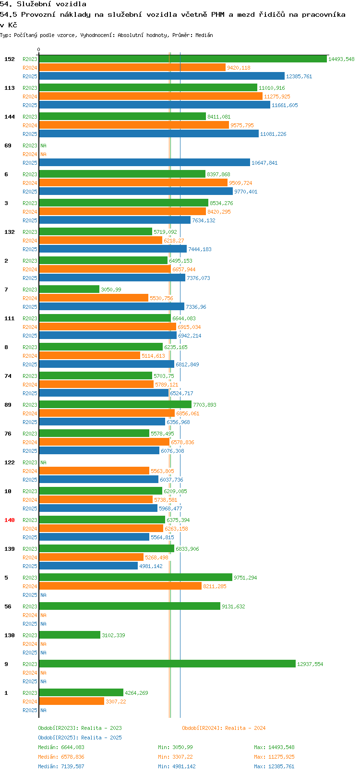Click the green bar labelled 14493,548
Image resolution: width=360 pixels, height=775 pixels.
[183, 59]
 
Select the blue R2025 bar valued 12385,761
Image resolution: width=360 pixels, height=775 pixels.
[162, 76]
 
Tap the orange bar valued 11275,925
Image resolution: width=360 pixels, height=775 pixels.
[151, 97]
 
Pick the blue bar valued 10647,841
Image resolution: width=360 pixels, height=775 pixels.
[144, 163]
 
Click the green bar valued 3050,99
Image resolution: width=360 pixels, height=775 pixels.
[69, 289]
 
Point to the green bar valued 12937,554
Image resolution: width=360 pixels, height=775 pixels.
[168, 664]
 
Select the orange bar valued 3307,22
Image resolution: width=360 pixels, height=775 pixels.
[72, 702]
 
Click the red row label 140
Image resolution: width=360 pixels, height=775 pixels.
[9, 520]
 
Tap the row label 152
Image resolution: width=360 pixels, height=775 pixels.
[9, 59]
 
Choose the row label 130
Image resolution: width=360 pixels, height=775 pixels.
[9, 635]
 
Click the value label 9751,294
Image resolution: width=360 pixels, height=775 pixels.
[245, 578]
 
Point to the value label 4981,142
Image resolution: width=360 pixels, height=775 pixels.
[151, 566]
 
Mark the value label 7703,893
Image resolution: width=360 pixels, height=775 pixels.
[204, 405]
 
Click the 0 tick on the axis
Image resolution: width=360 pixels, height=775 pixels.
[39, 50]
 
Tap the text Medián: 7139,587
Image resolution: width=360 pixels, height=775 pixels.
[61, 766]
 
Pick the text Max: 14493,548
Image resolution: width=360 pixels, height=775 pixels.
[274, 747]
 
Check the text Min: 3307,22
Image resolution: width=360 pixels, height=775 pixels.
[175, 757]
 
